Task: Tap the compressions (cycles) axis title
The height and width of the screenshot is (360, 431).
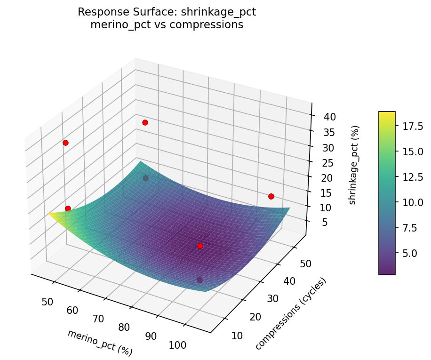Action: click(290, 314)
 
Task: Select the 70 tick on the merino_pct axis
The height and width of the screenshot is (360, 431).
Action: click(98, 319)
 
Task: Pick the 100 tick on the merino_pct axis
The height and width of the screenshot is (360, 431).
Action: click(177, 345)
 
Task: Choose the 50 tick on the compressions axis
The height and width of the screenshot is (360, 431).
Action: click(300, 264)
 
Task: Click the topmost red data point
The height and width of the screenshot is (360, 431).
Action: click(145, 122)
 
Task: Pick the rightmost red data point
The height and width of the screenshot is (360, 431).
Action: click(271, 196)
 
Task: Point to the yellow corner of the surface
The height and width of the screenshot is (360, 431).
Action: click(51, 214)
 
